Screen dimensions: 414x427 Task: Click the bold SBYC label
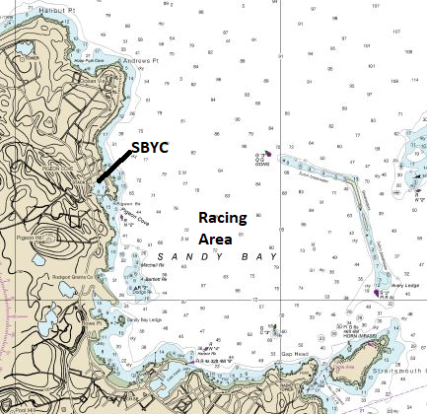tap(149, 147)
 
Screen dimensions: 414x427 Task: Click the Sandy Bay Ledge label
tap(144, 318)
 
